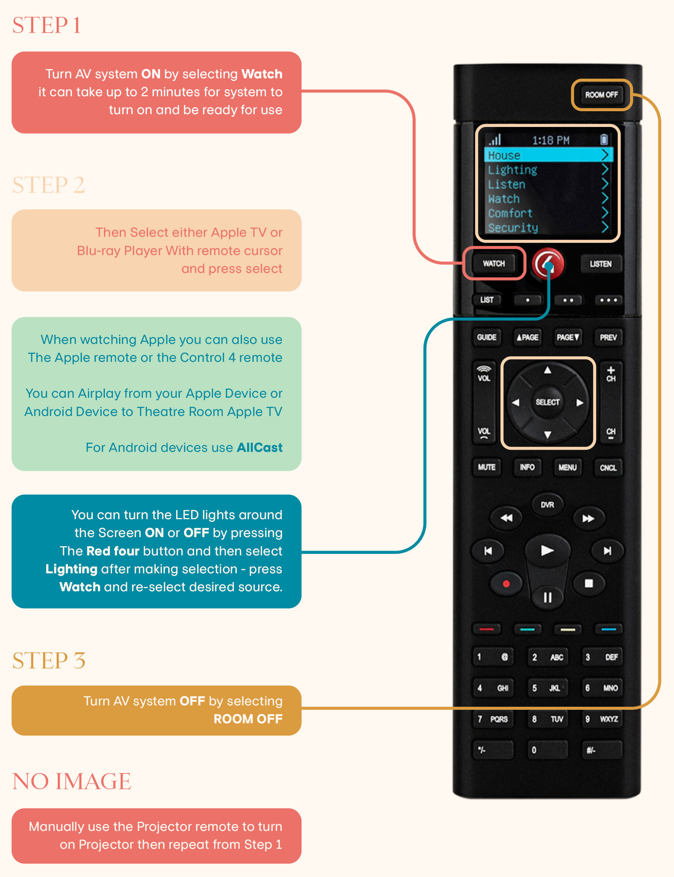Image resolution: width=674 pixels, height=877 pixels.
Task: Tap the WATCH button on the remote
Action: (494, 263)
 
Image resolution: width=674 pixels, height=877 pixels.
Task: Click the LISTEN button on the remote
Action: (601, 264)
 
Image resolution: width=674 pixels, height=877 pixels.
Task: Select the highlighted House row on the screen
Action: (548, 155)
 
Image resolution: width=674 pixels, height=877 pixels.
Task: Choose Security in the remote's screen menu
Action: (513, 228)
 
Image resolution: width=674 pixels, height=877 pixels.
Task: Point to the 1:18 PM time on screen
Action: (550, 140)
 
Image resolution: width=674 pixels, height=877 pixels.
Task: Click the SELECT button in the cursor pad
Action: (548, 402)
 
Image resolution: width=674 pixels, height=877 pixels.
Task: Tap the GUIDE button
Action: (486, 337)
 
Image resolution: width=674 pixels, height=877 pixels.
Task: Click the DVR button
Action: (547, 505)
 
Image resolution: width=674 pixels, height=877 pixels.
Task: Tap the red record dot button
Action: (506, 584)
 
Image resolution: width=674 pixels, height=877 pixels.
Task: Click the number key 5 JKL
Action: (547, 688)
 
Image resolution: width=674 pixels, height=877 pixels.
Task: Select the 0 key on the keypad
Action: (547, 750)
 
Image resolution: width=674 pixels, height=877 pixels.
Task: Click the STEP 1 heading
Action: (46, 25)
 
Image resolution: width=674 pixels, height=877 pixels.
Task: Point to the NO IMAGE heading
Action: (72, 781)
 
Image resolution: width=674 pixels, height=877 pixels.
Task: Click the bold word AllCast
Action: (260, 447)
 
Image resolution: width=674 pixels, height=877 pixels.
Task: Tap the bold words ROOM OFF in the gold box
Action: (248, 719)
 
